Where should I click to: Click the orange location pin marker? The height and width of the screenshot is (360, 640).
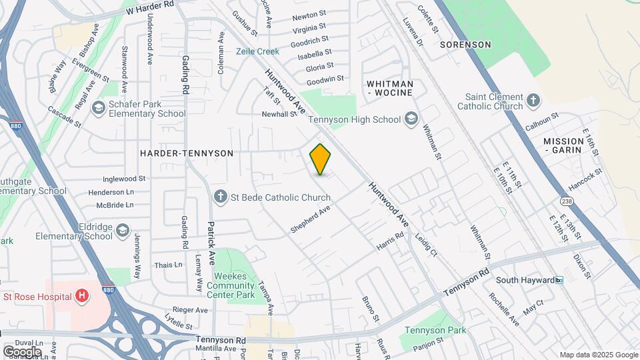pyautogui.click(x=321, y=159)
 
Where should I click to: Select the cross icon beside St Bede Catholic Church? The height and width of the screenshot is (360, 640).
pyautogui.click(x=221, y=197)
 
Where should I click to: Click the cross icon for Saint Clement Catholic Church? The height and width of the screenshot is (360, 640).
pyautogui.click(x=533, y=101)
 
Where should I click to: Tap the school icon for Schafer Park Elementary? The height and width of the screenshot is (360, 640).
pyautogui.click(x=99, y=108)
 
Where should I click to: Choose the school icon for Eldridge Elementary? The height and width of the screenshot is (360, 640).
pyautogui.click(x=122, y=231)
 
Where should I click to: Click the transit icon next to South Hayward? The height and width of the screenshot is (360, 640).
pyautogui.click(x=560, y=280)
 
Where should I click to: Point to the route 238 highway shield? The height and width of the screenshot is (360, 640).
pyautogui.click(x=567, y=201)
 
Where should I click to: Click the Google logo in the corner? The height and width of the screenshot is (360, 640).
pyautogui.click(x=23, y=351)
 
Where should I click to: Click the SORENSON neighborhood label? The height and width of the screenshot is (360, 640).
pyautogui.click(x=465, y=45)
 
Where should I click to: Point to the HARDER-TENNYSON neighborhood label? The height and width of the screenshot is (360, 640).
pyautogui.click(x=187, y=153)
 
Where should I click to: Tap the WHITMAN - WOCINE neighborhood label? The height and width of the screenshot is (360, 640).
pyautogui.click(x=390, y=89)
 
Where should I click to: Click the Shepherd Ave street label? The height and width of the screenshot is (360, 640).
pyautogui.click(x=311, y=219)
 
